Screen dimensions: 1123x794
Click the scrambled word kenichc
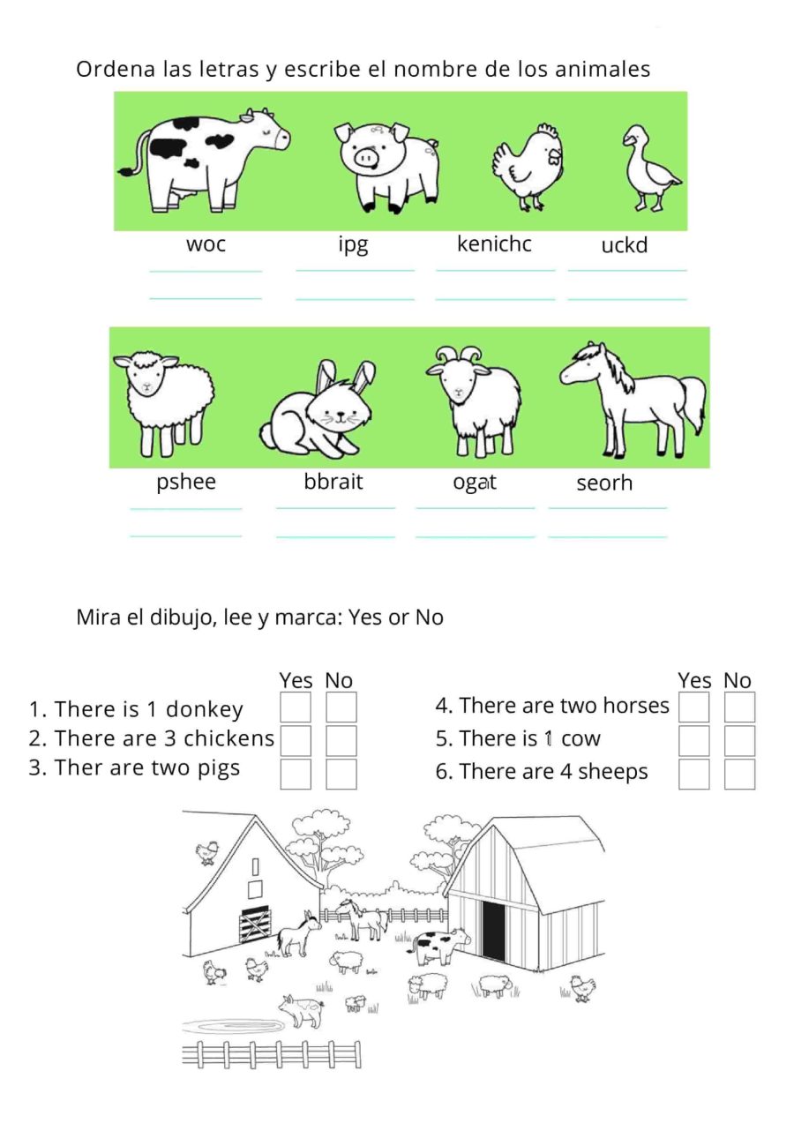pos(494,243)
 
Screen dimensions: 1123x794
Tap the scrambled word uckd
pos(624,245)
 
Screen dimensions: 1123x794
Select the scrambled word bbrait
pos(333,483)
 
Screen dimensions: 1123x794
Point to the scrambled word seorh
pos(604,483)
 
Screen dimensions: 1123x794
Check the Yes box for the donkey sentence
pos(296,707)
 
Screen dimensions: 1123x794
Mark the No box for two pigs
pos(341,774)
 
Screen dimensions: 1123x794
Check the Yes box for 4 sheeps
pos(694,774)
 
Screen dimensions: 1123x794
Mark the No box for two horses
pos(740,707)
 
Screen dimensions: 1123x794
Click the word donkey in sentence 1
pos(204,709)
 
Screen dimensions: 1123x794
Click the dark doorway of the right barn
pos(494,931)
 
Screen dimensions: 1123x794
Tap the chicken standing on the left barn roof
pos(207,851)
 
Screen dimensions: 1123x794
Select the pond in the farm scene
pos(234,1024)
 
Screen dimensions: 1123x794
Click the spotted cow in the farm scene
pos(441,946)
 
